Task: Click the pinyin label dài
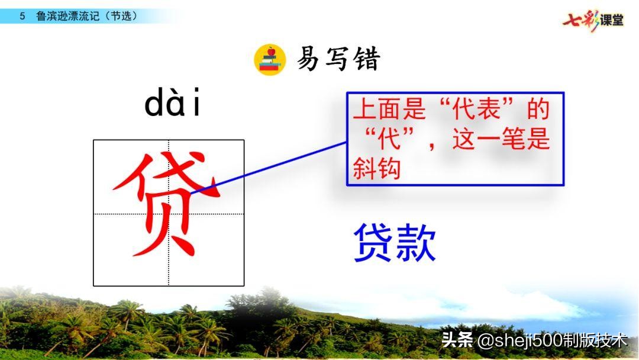pos(173,105)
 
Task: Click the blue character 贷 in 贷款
pos(373,243)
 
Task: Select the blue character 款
pos(416,243)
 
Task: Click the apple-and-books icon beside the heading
pos(270,59)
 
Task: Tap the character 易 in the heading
pos(308,59)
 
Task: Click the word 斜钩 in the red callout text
pos(377,169)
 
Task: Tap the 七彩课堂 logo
pos(593,20)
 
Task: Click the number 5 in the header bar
pos(22,17)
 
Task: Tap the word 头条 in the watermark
pos(457,341)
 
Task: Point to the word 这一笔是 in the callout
pos(501,141)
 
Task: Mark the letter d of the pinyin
pos(155,105)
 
